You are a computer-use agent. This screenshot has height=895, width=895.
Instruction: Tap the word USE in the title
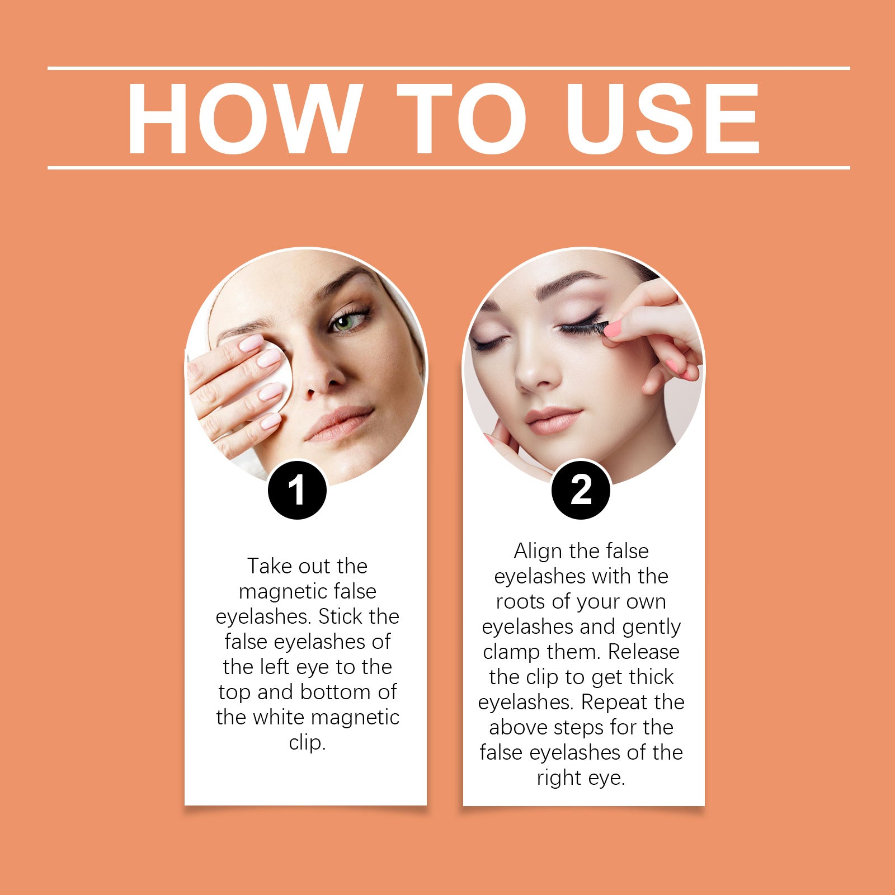coord(662,118)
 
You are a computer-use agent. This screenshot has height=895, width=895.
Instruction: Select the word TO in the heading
coord(462,118)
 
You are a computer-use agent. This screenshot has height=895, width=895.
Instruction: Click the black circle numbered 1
coord(297,490)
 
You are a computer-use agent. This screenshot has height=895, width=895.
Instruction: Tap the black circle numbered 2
coord(581,490)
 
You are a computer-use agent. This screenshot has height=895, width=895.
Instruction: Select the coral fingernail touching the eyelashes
coord(614,328)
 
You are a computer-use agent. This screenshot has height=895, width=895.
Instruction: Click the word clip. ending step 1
coord(307,742)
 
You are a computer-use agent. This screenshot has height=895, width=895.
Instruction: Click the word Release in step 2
coord(643,652)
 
